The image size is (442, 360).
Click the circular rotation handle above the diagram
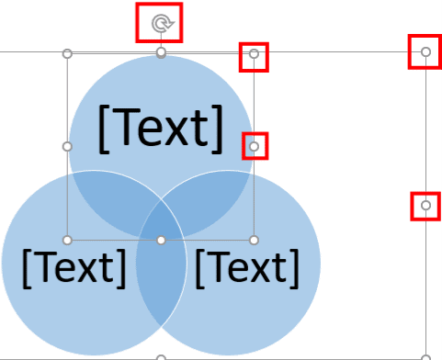coord(160,23)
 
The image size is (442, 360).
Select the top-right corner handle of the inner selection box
coord(255,55)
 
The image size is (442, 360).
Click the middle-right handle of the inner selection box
coord(255,146)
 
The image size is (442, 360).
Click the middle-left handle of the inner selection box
coord(67,146)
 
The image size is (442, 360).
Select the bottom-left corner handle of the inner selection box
coord(67,240)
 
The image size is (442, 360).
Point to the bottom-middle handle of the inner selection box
coord(161,240)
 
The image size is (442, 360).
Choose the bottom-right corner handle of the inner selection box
coord(255,240)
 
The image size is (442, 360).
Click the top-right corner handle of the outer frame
coord(425,52)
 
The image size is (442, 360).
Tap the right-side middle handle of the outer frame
coord(425,206)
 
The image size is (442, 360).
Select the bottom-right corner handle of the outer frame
coord(425,357)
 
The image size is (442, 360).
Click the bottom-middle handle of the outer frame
coord(161,357)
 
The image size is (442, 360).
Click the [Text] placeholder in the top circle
coord(161,129)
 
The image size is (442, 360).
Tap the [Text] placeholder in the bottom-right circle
coord(246,266)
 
